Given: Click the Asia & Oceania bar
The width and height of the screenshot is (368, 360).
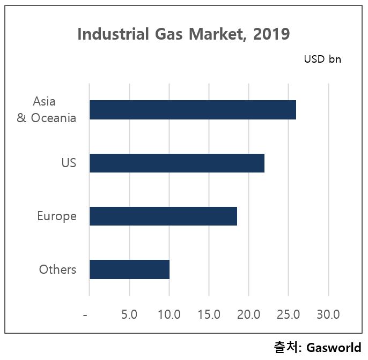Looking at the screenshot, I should [x=193, y=110].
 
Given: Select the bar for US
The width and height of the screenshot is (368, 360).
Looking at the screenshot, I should [x=177, y=163].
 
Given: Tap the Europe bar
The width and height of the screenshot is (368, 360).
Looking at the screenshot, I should [x=163, y=216].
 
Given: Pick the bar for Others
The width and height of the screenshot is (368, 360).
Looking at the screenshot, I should [x=129, y=269].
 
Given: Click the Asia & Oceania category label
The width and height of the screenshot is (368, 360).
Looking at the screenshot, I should [x=46, y=109].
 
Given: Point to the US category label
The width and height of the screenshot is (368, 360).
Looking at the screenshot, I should [x=69, y=163].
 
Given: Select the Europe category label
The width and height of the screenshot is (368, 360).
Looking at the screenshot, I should [x=56, y=216].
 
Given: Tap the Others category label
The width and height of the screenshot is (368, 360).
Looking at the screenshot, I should [x=57, y=269].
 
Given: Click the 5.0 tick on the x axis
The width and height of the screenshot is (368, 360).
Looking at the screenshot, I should [x=129, y=314].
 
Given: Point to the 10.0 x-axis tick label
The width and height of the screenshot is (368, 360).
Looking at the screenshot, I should [x=169, y=314].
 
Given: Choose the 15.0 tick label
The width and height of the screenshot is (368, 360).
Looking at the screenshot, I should [x=209, y=314].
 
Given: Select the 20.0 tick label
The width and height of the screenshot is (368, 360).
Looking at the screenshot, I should [x=248, y=314].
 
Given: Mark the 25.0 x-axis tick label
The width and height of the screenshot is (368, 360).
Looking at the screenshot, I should [x=288, y=314].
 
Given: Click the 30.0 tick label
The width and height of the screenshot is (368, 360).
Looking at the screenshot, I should [x=328, y=314].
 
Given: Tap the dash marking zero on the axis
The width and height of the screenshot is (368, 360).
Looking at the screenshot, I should [x=85, y=314].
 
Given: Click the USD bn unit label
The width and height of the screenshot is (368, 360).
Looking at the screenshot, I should [x=322, y=59].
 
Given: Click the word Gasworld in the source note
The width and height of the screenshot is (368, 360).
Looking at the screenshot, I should [x=334, y=348].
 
